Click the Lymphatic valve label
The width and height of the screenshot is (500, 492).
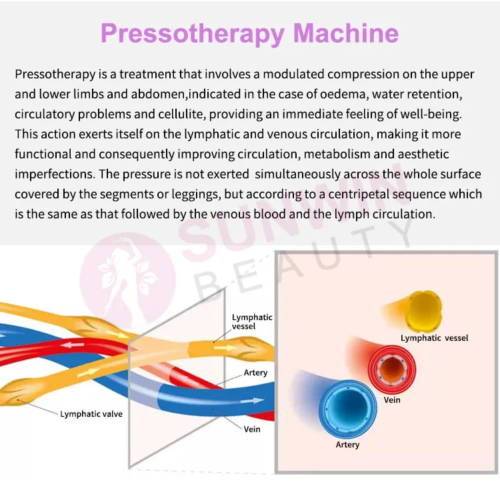91,414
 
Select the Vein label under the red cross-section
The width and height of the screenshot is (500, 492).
393,400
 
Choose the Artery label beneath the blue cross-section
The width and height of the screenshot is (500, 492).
347,445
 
